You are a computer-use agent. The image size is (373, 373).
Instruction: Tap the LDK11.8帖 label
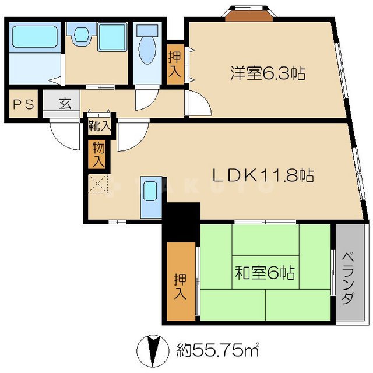[x=263, y=174]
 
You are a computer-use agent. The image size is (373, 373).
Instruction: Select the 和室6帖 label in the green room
[x=265, y=272]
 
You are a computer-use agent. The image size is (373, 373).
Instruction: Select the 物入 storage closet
[x=97, y=154]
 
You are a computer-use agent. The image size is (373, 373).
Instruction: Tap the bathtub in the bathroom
[x=36, y=37]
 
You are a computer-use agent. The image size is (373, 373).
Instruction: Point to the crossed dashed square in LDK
[x=98, y=185]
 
